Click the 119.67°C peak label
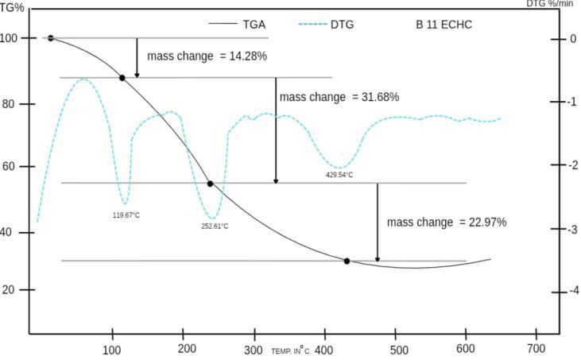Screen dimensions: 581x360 126,215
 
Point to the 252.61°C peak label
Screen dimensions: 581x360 215,226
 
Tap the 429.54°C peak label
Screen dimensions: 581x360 339,175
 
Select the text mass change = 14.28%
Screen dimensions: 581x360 207,56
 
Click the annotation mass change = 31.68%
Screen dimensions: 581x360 339,97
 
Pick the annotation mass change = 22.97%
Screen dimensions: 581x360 447,223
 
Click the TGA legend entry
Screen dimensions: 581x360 237,25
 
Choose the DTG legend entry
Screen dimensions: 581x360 326,25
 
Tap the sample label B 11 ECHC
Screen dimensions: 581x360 444,25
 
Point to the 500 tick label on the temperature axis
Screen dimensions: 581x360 396,349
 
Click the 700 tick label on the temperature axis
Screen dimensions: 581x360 536,349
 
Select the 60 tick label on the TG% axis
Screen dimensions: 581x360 9,166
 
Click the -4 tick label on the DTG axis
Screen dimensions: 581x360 574,291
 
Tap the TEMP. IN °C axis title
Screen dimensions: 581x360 291,350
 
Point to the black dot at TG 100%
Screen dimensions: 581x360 51,38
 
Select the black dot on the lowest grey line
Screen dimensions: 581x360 347,261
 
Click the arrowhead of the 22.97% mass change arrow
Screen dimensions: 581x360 378,259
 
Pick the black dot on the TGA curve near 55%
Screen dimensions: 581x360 210,184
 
